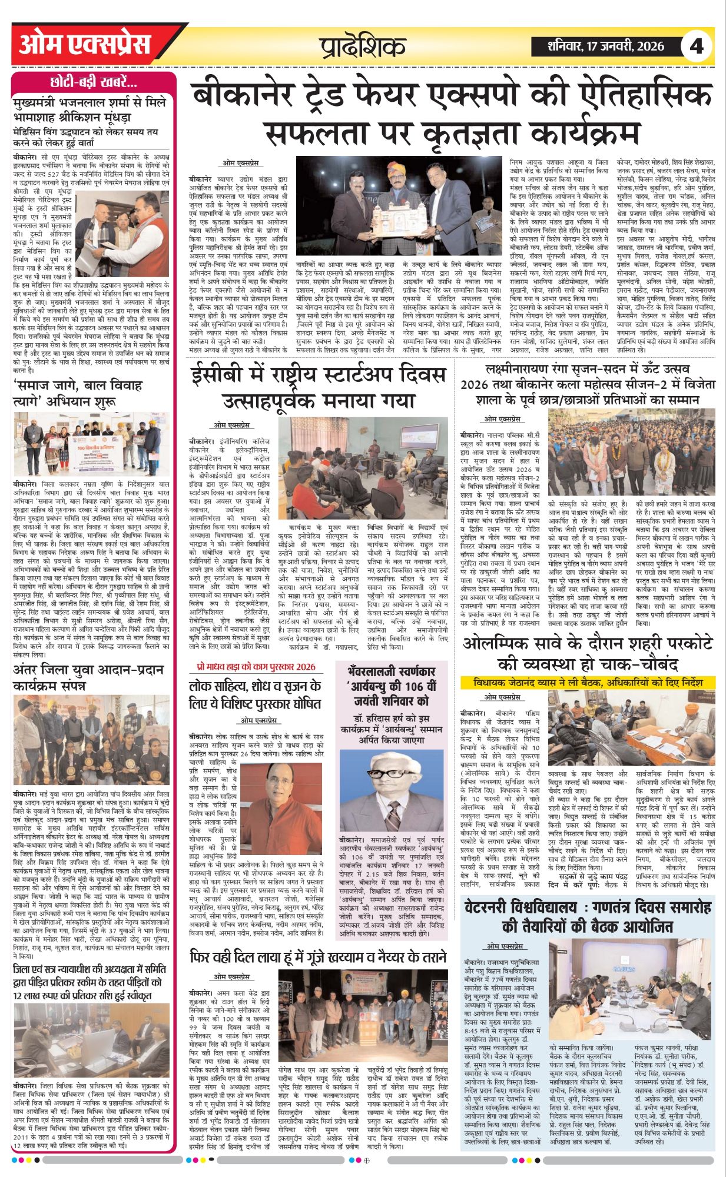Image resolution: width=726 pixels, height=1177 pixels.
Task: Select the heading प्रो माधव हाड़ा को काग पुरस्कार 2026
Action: pyautogui.click(x=256, y=667)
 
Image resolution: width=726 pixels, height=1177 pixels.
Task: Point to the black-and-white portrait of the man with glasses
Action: pyautogui.click(x=391, y=791)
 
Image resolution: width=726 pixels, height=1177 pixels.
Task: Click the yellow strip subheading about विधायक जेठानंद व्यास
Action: pyautogui.click(x=588, y=683)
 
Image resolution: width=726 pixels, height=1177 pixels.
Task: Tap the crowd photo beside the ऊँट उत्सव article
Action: pyautogui.click(x=632, y=452)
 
